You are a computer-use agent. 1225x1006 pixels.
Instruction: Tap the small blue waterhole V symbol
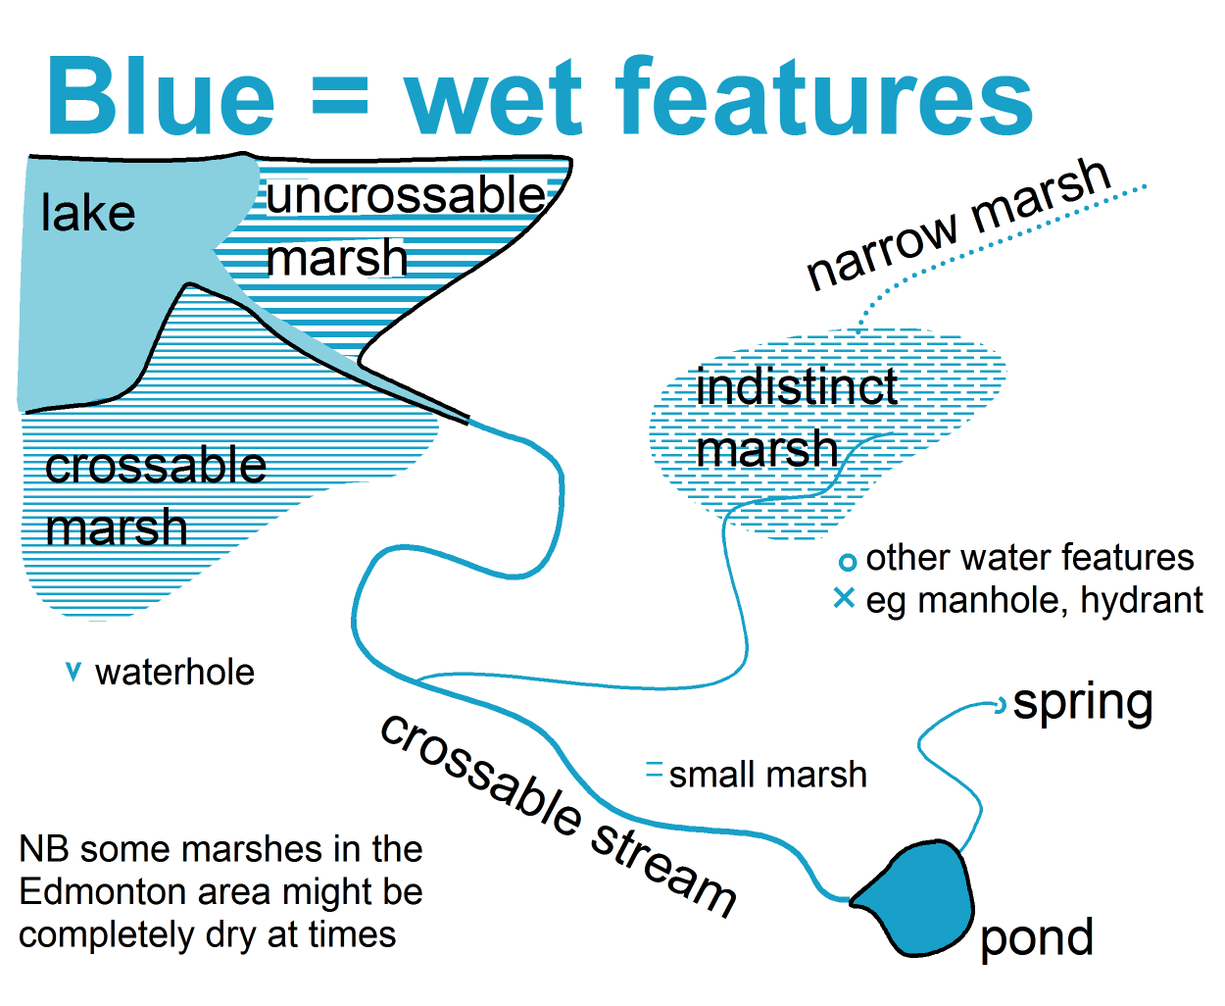click(x=73, y=672)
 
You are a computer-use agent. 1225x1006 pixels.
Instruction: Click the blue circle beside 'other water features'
click(x=847, y=562)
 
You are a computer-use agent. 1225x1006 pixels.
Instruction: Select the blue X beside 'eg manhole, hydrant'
click(x=844, y=598)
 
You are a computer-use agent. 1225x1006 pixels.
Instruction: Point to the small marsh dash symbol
click(x=655, y=769)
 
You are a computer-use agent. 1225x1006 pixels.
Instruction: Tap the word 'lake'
click(x=88, y=214)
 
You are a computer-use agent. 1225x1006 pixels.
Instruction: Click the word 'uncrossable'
click(x=406, y=195)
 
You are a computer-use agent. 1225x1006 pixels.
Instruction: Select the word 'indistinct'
click(x=797, y=386)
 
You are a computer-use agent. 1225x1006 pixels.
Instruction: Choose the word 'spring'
click(x=1083, y=704)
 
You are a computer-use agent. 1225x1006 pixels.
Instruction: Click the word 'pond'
click(x=1037, y=938)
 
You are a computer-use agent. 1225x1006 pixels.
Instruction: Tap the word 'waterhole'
click(x=174, y=673)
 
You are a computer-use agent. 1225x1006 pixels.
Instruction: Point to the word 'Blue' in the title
click(x=161, y=96)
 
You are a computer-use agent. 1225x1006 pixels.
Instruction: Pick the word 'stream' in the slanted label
click(x=662, y=870)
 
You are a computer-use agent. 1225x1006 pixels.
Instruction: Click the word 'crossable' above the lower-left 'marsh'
click(x=155, y=466)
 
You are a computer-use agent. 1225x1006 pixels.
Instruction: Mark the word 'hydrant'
click(x=1142, y=600)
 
